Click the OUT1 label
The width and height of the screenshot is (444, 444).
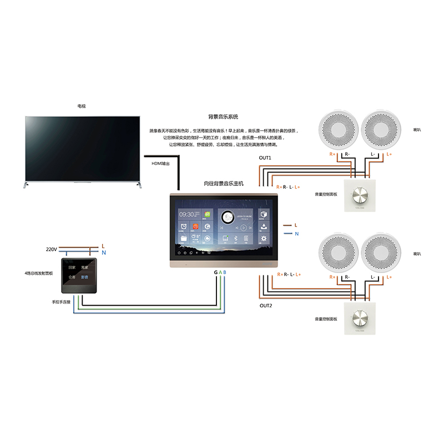point(265,158)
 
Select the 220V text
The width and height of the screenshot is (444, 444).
point(52,250)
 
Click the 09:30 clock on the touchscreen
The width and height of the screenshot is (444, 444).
point(187,214)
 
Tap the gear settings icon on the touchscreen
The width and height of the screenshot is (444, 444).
point(264,239)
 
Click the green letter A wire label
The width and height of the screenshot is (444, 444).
point(220,273)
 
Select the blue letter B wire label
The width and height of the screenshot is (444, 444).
point(224,273)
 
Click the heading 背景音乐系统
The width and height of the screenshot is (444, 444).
point(223,117)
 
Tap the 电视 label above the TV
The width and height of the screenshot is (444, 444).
point(82,105)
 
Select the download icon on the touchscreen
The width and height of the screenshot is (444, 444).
point(264,226)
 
